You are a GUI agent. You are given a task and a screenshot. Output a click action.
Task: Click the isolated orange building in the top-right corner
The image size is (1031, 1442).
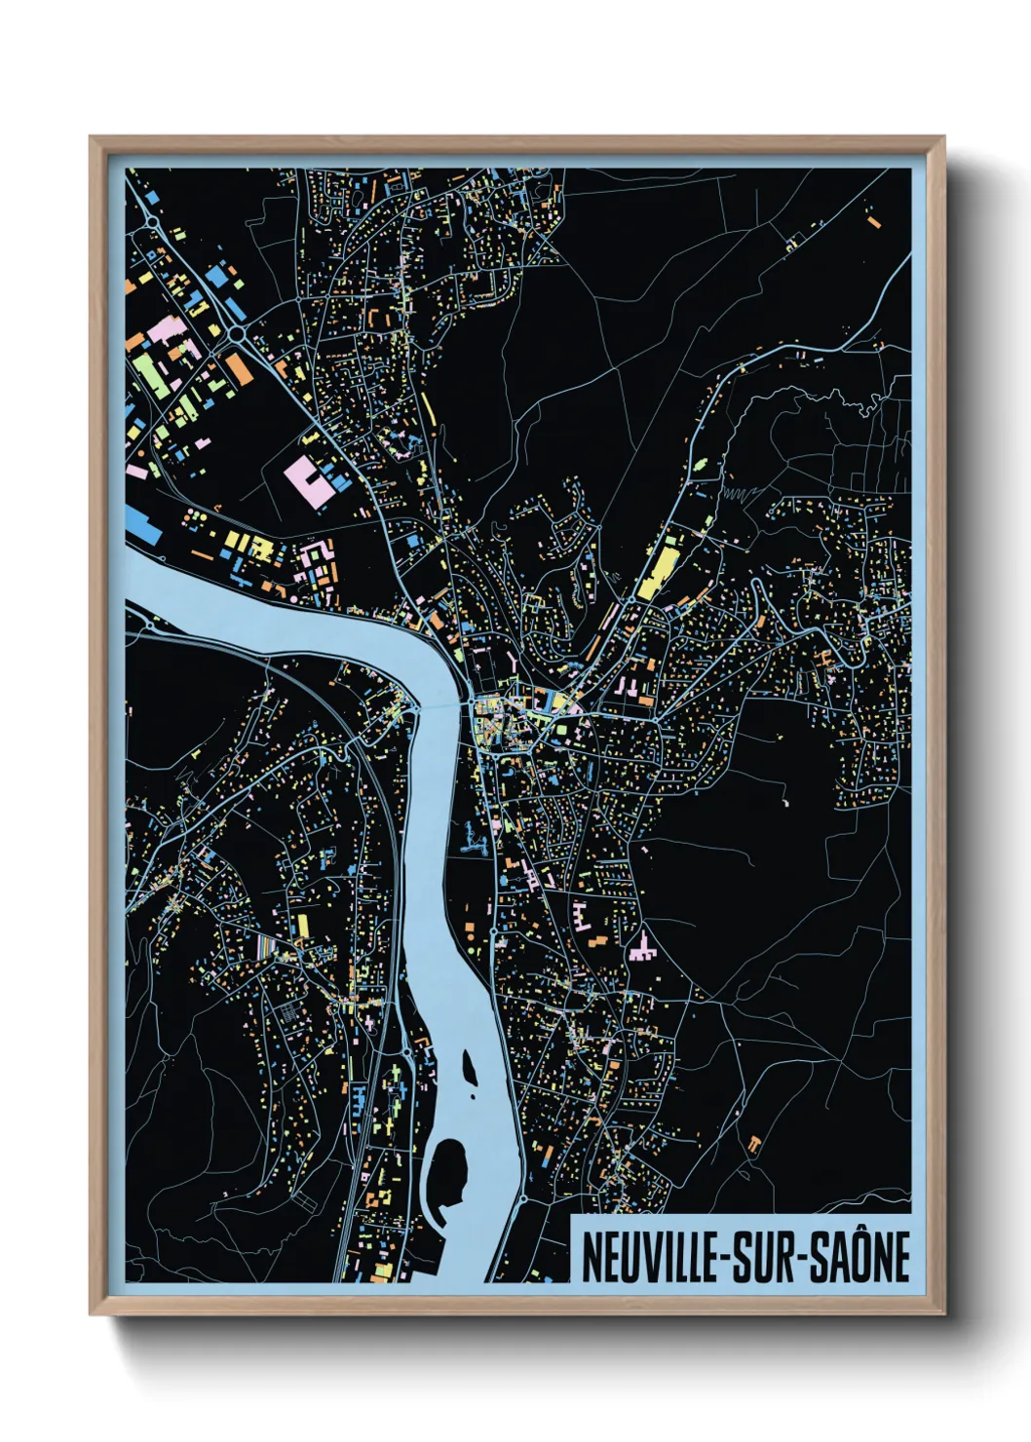(874, 222)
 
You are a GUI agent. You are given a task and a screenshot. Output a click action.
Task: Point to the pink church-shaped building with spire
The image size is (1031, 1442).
(642, 946)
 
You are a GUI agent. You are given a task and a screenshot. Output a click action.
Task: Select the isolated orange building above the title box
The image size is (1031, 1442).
(753, 1145)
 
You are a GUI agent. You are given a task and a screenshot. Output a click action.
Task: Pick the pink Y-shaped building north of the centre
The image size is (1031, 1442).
(512, 662)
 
